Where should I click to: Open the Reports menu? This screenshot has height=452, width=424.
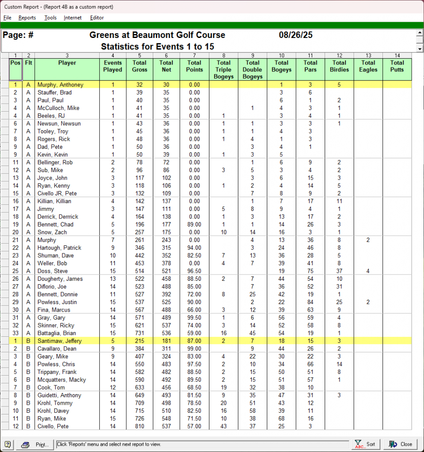(x=27, y=18)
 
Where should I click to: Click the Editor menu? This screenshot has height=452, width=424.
(x=97, y=18)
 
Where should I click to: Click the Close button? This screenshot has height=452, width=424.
(x=401, y=444)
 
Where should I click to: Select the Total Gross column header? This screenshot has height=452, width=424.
(x=140, y=66)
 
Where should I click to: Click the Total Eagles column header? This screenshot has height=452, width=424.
(x=368, y=66)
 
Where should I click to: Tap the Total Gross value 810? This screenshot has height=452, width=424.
(x=140, y=426)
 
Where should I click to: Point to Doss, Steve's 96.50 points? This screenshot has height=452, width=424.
(x=194, y=271)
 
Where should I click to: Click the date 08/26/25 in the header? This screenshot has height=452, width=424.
(x=296, y=35)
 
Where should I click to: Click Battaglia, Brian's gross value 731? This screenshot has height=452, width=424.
(x=140, y=333)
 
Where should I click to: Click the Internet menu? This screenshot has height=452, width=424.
(x=72, y=18)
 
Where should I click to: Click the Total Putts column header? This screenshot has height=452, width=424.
(x=397, y=66)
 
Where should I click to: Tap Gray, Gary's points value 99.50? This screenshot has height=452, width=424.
(x=194, y=318)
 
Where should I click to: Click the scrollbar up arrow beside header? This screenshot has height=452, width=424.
(x=420, y=33)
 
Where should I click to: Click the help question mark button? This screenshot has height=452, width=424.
(x=8, y=444)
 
